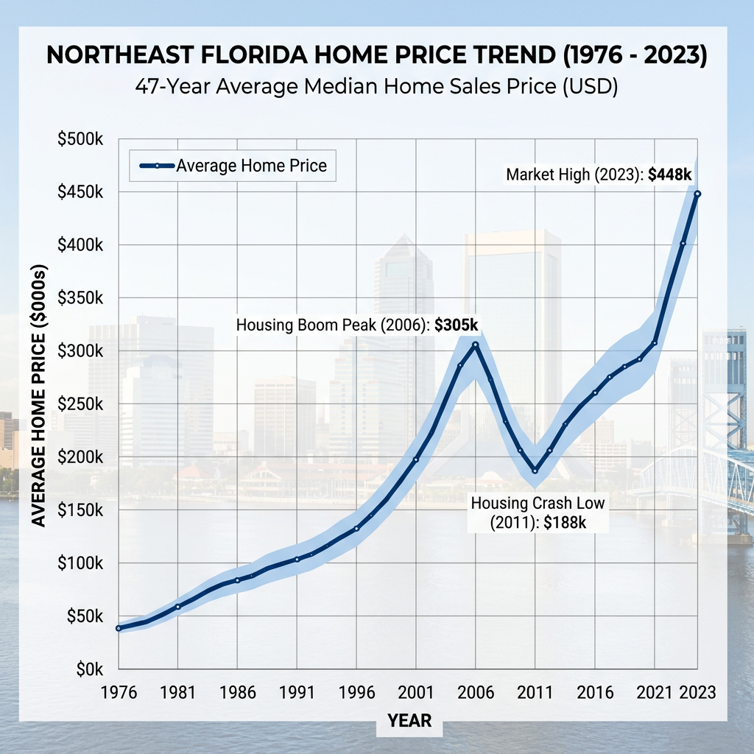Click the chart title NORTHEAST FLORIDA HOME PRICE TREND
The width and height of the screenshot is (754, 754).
(x=376, y=57)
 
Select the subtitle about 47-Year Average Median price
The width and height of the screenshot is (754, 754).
(x=376, y=86)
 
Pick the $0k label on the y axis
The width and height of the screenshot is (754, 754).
(x=86, y=669)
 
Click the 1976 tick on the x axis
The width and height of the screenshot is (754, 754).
(x=118, y=694)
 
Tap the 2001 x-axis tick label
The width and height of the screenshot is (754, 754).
(x=416, y=694)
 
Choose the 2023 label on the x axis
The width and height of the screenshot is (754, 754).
(x=697, y=694)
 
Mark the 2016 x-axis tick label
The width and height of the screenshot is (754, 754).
(x=595, y=694)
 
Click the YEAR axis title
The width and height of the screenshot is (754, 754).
(x=409, y=719)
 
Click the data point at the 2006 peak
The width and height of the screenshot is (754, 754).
(x=476, y=345)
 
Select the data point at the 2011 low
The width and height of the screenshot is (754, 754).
(x=535, y=471)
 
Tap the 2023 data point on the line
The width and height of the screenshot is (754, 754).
(x=697, y=194)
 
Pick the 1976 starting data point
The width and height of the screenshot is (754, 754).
(x=118, y=628)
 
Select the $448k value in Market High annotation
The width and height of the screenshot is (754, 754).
(x=671, y=175)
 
